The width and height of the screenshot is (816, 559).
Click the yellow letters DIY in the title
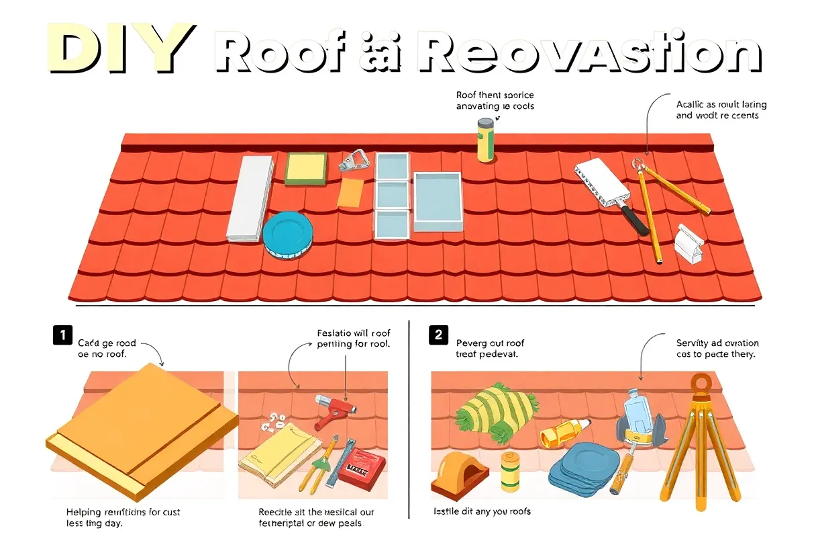coord(120,49)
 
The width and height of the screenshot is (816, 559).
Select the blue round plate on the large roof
coord(288,235)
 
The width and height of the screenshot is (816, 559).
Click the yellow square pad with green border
coord(306,168)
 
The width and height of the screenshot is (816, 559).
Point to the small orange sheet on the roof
coord(350,193)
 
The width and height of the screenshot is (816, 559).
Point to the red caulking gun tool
coord(336,410)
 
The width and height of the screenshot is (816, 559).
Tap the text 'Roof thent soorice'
coord(495,95)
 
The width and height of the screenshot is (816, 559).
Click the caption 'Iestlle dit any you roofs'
coord(482,511)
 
